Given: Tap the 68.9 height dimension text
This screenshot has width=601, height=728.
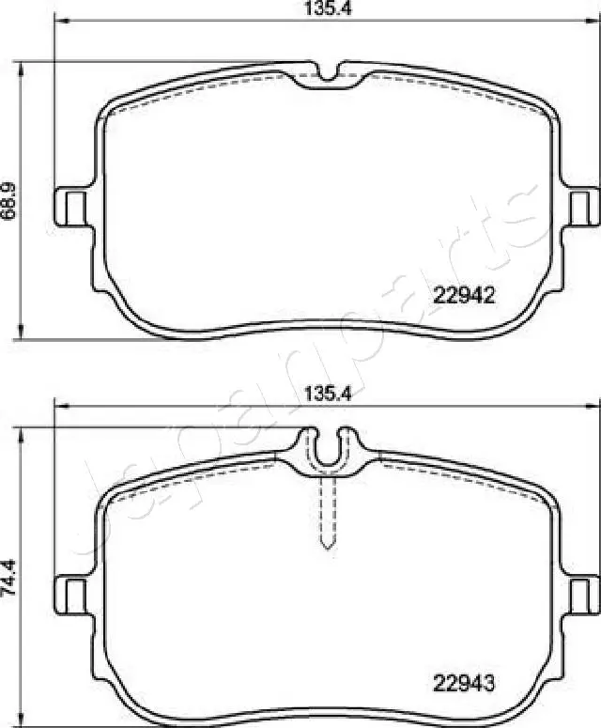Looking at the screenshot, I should tap(9, 200).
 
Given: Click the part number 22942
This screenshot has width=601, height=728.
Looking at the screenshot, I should tap(463, 295).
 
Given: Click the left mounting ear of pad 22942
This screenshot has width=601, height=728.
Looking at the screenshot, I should tap(70, 206).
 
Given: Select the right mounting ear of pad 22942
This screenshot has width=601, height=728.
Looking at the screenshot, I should tap(583, 206).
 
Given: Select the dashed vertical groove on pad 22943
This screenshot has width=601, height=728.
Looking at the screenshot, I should tap(328, 512).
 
